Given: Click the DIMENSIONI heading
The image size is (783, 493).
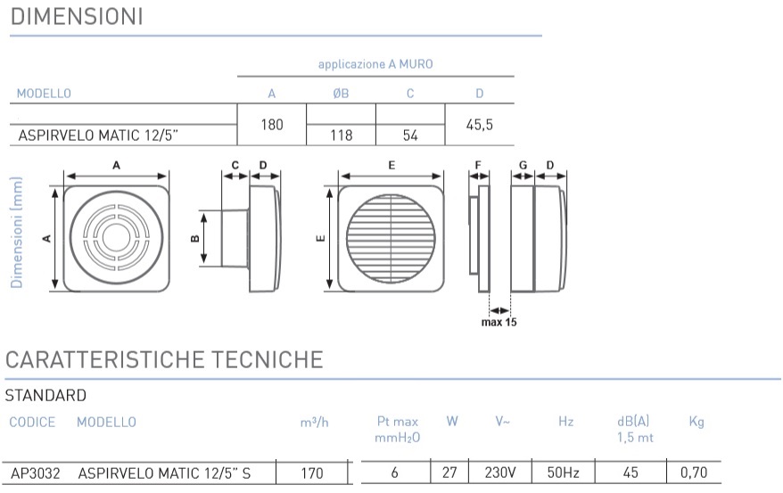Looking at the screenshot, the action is click(x=77, y=16).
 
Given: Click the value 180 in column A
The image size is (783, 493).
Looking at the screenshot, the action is click(x=272, y=124).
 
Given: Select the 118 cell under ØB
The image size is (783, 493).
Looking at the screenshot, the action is click(x=341, y=136).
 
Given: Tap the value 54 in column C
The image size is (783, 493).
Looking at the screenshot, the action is click(x=410, y=136).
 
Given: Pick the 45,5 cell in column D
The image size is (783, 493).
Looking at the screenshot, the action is click(x=480, y=125).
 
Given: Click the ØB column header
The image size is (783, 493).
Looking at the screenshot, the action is click(x=341, y=94).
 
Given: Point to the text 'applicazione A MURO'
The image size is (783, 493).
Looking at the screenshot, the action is click(x=375, y=64).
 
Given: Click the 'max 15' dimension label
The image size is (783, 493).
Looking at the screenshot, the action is click(x=499, y=323).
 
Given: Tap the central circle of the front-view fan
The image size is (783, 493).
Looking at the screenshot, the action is click(x=116, y=237).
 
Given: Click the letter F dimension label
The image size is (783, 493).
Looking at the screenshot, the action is click(x=478, y=165).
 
